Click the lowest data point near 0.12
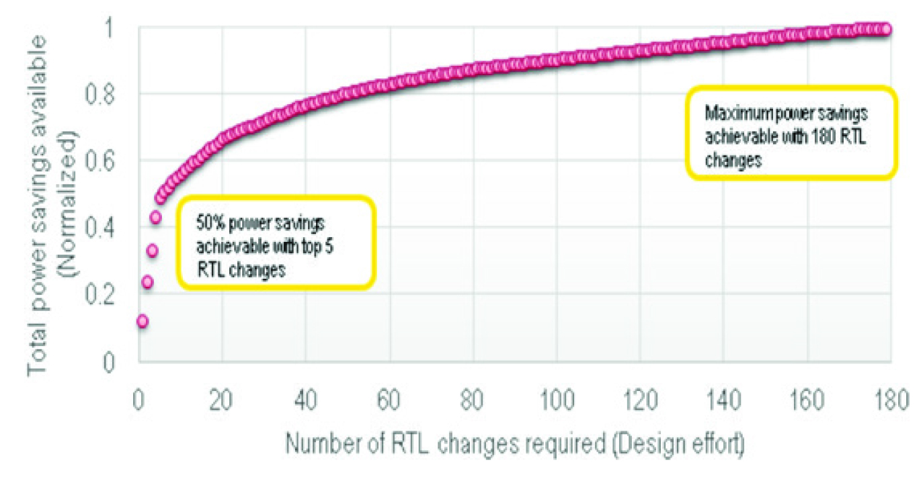coord(142,321)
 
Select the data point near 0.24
coord(147,282)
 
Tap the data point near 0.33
coord(152,251)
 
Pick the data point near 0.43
coord(156,218)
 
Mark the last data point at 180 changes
coord(886,29)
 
